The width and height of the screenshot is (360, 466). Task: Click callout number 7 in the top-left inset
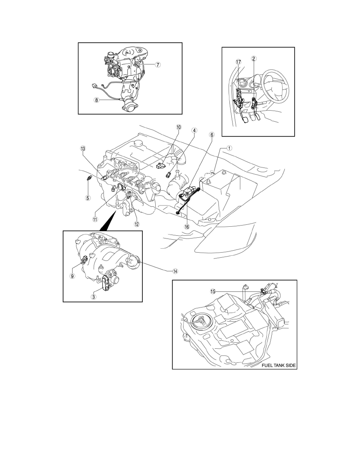158,64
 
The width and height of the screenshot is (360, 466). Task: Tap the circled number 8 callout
96,100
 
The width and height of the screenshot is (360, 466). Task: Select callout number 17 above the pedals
238,62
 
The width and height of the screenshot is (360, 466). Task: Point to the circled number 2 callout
254,58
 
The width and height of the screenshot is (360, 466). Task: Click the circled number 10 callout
178,127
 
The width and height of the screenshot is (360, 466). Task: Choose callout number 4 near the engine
194,130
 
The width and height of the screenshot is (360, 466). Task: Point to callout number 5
88,197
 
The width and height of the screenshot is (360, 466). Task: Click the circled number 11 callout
95,219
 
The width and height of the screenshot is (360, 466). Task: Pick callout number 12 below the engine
136,224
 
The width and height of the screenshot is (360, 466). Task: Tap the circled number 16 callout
187,226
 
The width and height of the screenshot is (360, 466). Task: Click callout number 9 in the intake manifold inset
72,276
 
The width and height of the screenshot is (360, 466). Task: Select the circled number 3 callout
94,296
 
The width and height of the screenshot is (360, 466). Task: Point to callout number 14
176,271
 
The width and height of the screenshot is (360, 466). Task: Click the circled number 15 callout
213,291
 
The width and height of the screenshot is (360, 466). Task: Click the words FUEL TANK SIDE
278,365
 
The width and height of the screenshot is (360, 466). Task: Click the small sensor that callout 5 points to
89,178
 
